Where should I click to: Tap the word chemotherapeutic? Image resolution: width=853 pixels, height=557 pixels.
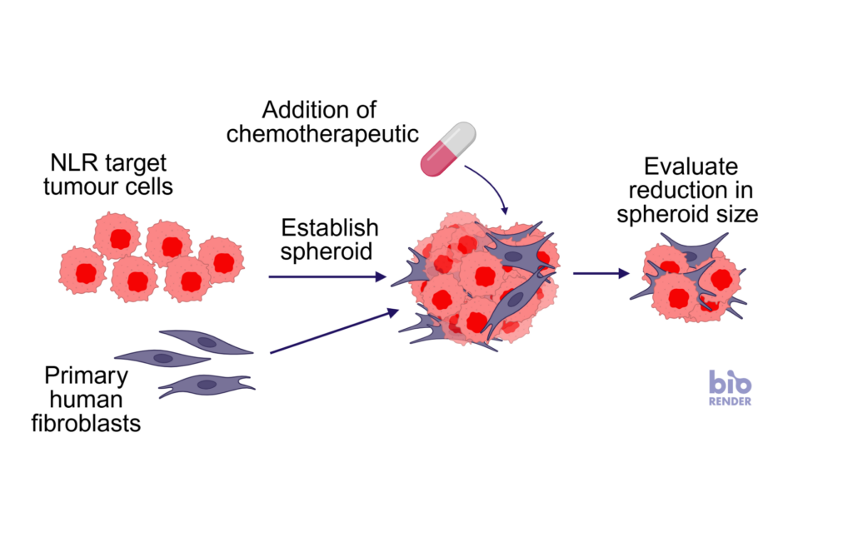pos(322,134)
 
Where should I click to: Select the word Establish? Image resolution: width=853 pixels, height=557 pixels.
pos(330,227)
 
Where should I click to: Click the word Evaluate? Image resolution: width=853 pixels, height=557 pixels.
pos(691,167)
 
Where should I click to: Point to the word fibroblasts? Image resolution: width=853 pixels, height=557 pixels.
pos(86,423)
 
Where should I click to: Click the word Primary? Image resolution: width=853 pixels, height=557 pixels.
pos(86,375)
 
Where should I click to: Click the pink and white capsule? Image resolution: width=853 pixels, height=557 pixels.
pos(448,149)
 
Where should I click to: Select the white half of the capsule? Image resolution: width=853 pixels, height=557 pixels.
pos(460,137)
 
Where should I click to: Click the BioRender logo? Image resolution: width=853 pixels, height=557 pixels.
pos(730,388)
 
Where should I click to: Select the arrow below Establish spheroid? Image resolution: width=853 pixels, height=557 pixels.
pos(327,277)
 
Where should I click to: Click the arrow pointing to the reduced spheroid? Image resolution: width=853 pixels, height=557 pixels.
pos(601,273)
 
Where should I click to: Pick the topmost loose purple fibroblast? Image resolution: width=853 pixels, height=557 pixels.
pos(207,341)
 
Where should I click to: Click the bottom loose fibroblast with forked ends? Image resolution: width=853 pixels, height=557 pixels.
pos(207,385)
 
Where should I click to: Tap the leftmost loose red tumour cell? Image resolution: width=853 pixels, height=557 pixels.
pos(82,271)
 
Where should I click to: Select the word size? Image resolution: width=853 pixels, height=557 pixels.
pos(736,214)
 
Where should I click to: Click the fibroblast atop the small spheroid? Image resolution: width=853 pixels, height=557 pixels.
pos(693,250)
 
